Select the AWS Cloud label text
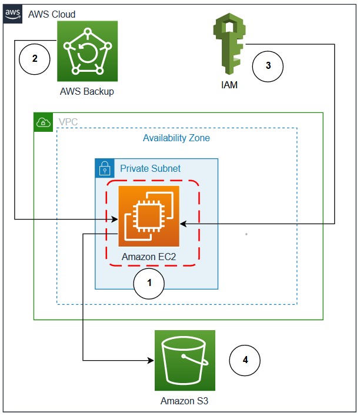point(52,14)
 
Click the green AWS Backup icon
point(87,51)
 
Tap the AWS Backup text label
point(87,92)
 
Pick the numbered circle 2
point(35,59)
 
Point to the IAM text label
point(229,85)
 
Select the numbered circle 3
point(268,66)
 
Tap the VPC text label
point(68,122)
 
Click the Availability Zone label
point(176,138)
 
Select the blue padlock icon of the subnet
point(104,168)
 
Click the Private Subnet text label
point(150,169)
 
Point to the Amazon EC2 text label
point(149,257)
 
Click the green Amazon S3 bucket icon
point(185,360)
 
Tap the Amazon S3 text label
point(185,401)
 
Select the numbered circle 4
point(244,360)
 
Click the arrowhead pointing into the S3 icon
point(150,360)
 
